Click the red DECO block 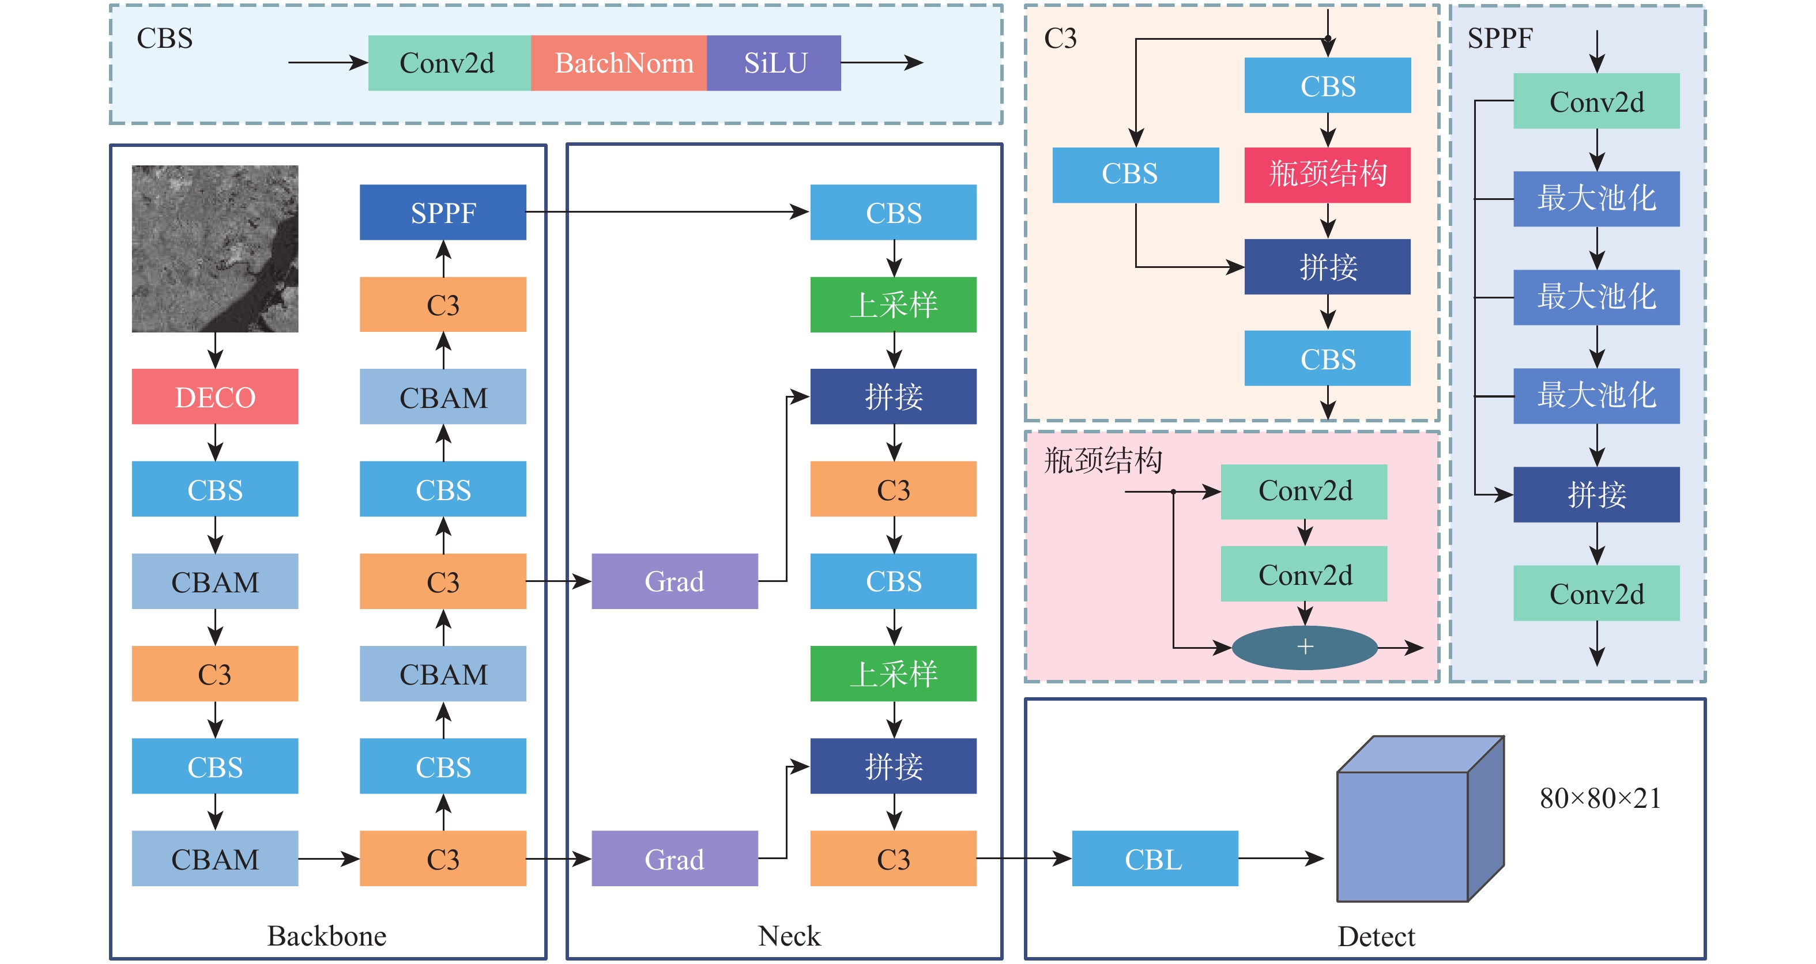215,397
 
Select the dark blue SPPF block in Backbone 443,212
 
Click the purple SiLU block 774,63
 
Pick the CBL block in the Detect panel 1155,859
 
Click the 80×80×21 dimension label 1600,799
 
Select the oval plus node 1305,647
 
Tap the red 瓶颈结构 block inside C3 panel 1328,175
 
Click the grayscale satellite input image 215,249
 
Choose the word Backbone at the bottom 326,936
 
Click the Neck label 789,936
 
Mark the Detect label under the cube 1376,936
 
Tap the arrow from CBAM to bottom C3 329,859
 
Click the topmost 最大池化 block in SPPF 1596,199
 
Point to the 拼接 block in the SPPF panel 1596,495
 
